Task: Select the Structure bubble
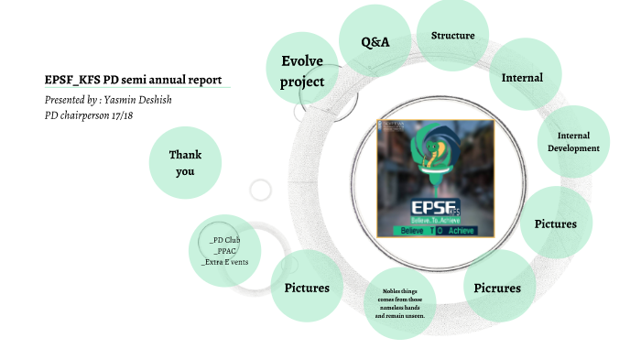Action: tap(452, 36)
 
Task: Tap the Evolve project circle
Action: tap(302, 71)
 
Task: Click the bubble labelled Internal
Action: tap(522, 78)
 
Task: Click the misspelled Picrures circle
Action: tap(497, 288)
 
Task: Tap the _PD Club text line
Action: tap(225, 240)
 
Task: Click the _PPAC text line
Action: tap(225, 251)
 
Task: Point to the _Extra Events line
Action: tap(225, 262)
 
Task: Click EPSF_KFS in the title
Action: tap(74, 80)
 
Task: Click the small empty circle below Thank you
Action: tap(261, 191)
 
